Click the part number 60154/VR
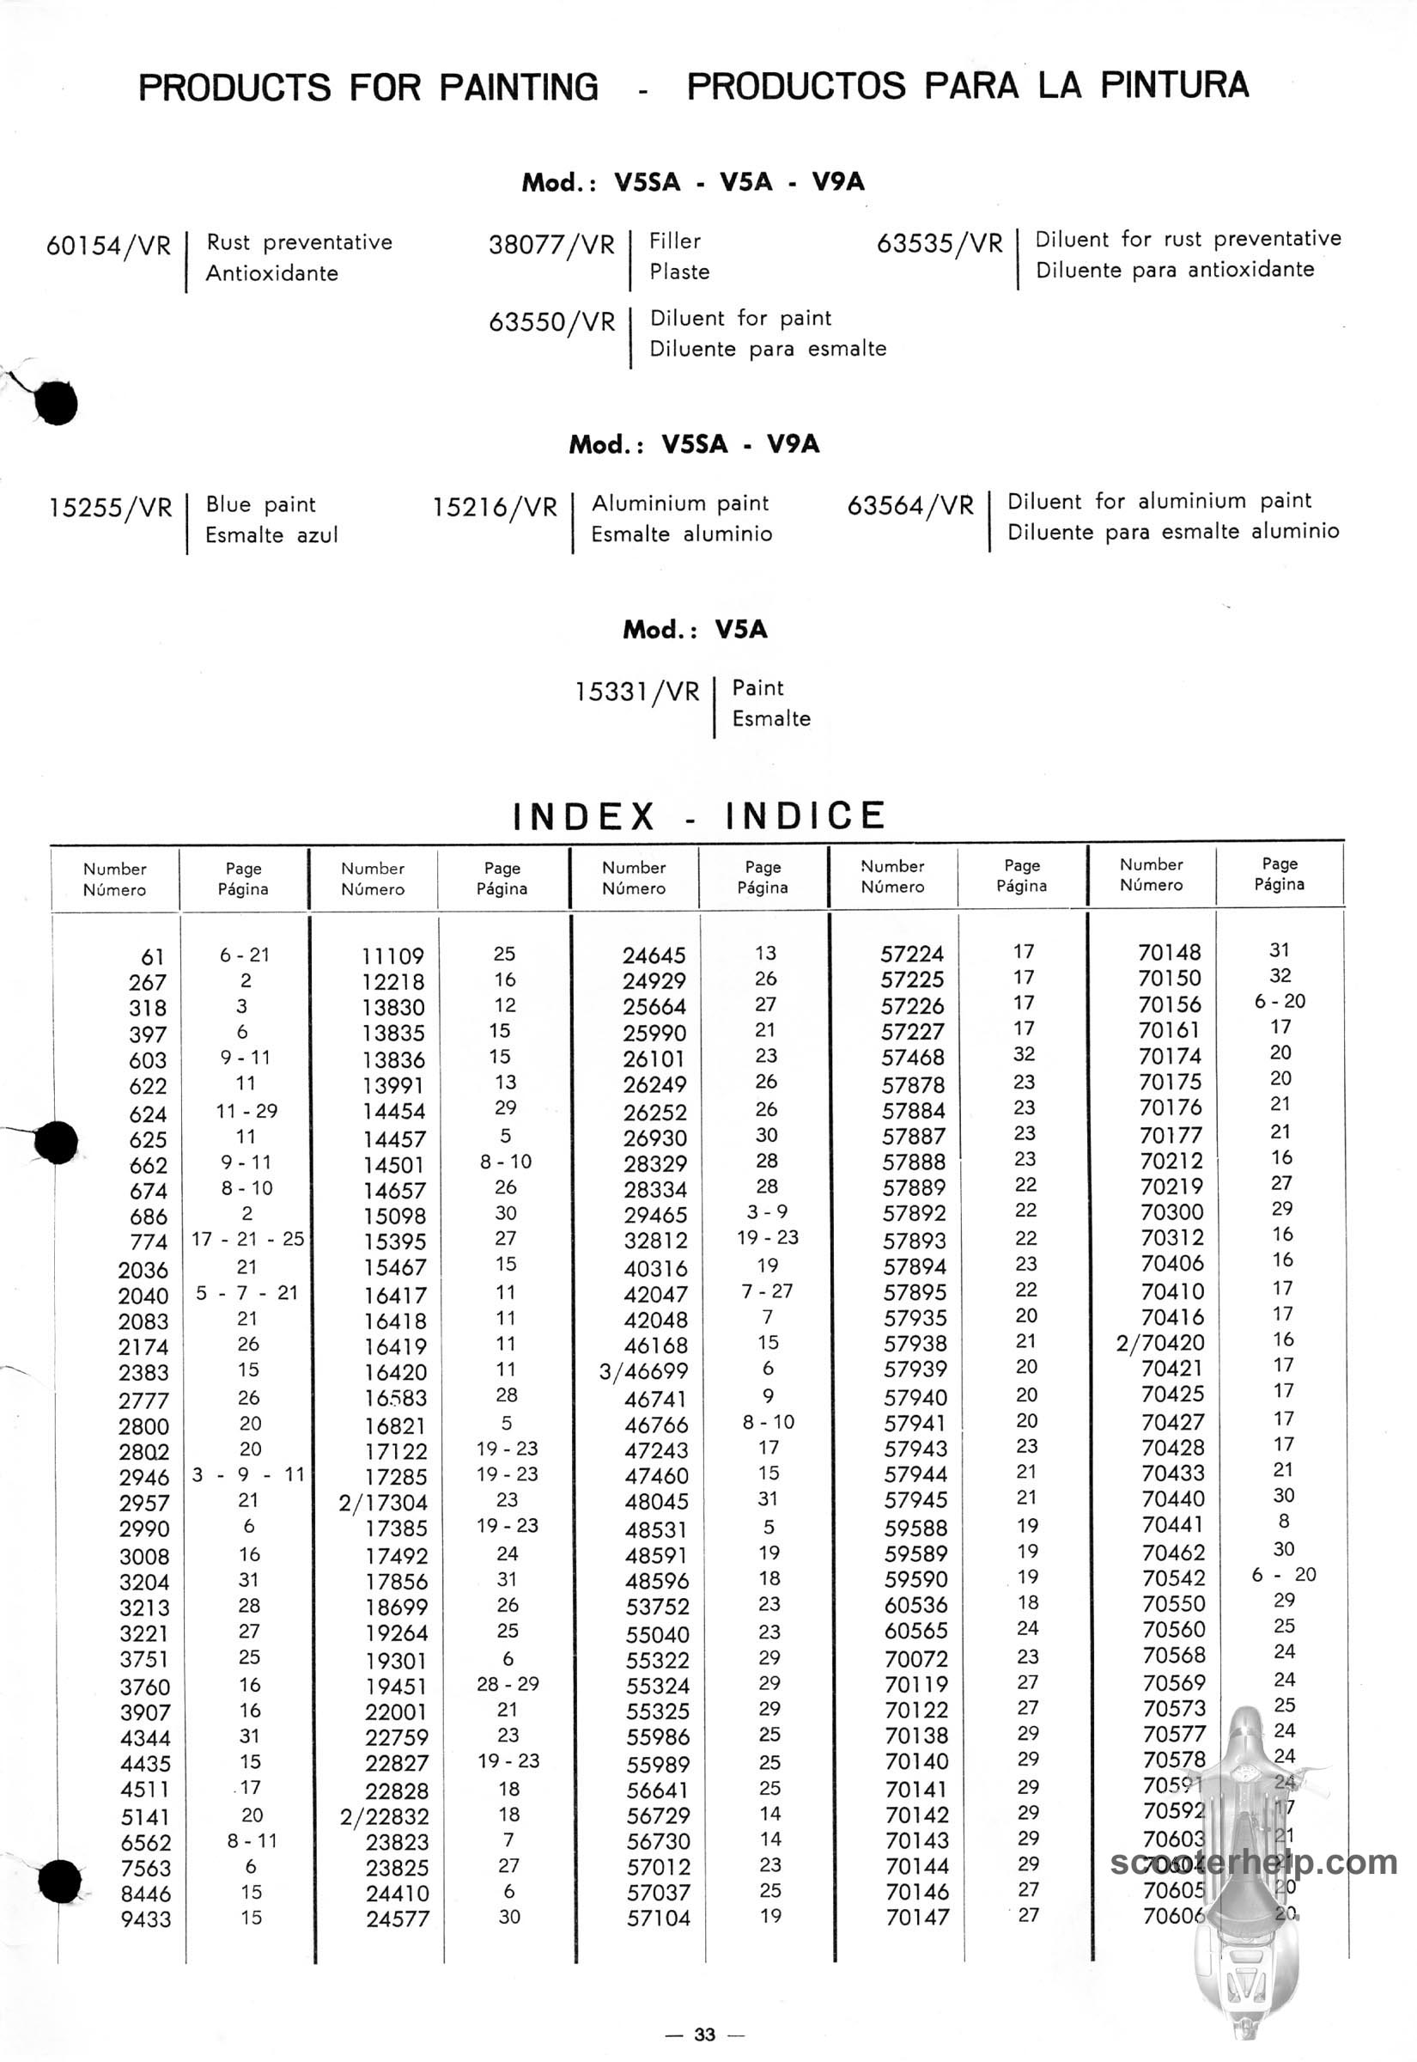[x=108, y=245]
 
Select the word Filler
[x=675, y=241]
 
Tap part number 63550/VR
[x=551, y=321]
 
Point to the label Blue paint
[x=260, y=504]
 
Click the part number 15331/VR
[x=636, y=691]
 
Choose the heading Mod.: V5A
[x=694, y=630]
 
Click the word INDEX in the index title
[x=584, y=816]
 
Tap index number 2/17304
[x=383, y=1503]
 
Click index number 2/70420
[x=1159, y=1342]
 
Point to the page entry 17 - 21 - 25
[x=247, y=1239]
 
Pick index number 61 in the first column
[x=153, y=956]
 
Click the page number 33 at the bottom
[x=705, y=2035]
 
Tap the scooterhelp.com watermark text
[x=1254, y=1862]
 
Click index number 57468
[x=913, y=1058]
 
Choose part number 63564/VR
[x=910, y=505]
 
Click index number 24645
[x=654, y=955]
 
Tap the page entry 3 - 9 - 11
[x=247, y=1475]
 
